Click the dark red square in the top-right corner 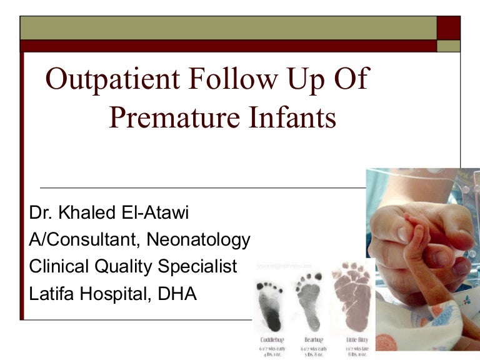coord(448,27)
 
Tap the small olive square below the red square coord(448,46)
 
